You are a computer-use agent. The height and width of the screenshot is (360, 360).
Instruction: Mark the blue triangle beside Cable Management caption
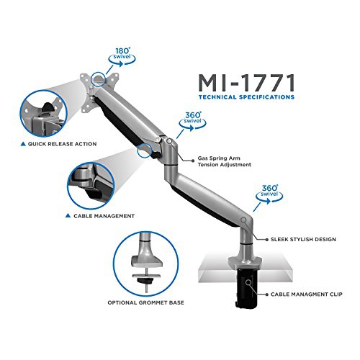(67, 215)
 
